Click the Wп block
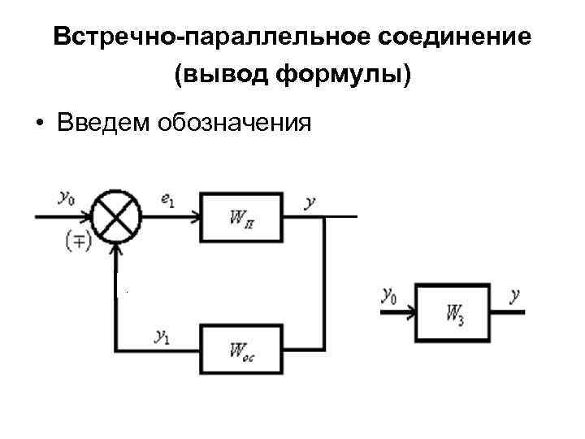click(243, 217)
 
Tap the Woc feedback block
click(243, 349)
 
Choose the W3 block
click(453, 312)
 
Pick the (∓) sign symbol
click(78, 240)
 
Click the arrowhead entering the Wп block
click(195, 216)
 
